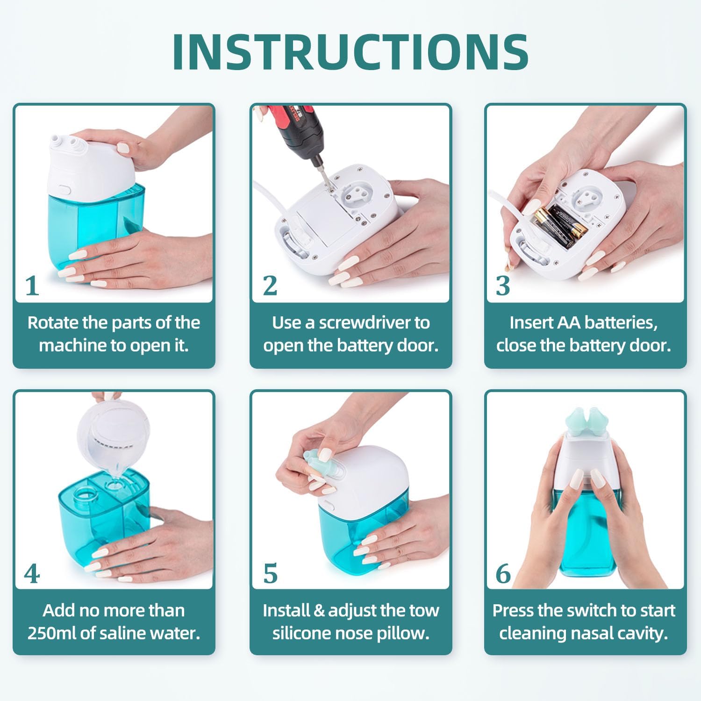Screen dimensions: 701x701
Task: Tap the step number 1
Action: pos(32,286)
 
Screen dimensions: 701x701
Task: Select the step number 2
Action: pos(270,286)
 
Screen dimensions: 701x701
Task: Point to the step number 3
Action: pos(503,286)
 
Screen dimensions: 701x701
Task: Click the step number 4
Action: pos(32,574)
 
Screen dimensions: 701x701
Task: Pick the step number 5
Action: pos(270,574)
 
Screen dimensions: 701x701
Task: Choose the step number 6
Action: pos(503,574)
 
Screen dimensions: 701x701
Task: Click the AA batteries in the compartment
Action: pos(561,225)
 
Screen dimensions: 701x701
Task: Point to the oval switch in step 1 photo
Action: pos(64,191)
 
